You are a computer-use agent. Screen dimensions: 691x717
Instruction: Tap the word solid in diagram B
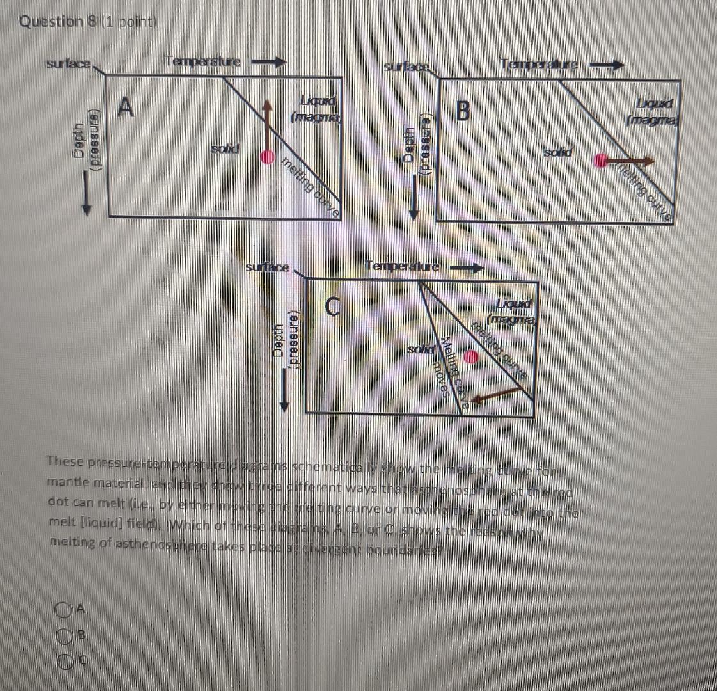coord(558,152)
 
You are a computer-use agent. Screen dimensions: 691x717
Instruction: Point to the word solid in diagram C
coord(422,349)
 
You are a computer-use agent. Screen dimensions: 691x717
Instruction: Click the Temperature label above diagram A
coord(203,61)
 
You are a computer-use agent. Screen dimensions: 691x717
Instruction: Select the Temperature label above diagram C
coord(402,266)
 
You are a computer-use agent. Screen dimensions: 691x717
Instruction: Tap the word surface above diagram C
coord(267,266)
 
